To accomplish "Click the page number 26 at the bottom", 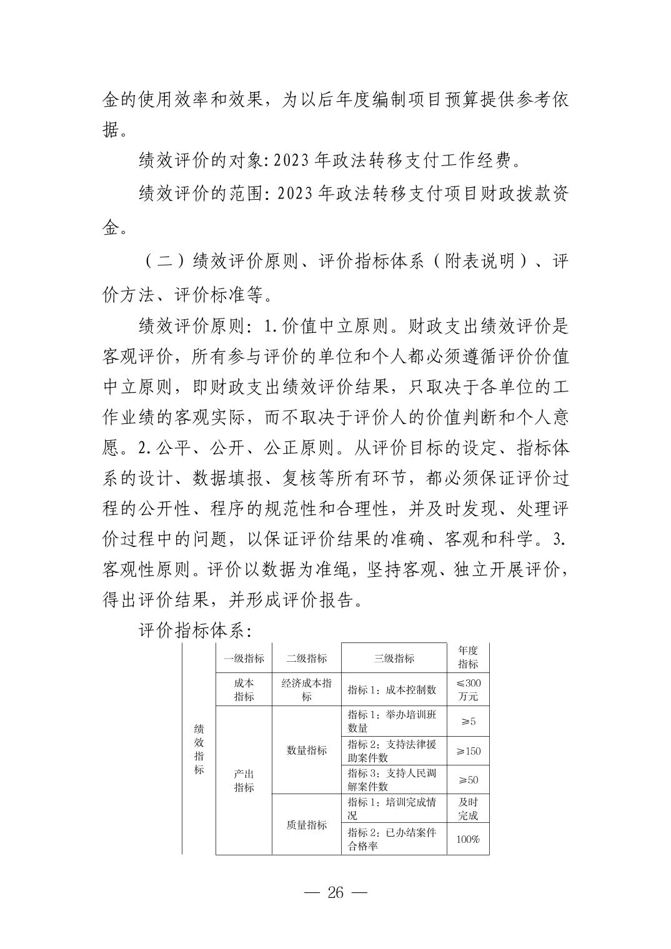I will (x=335, y=892).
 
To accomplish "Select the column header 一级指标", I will (x=244, y=658).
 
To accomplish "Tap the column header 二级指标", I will (x=306, y=658).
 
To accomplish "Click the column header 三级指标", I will (x=394, y=658).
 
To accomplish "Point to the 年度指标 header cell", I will (x=468, y=657).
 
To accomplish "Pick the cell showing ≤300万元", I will (x=468, y=689).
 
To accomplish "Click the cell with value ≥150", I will (x=468, y=751).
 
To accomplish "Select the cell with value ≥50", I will (x=468, y=780).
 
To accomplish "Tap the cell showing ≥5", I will (x=468, y=722).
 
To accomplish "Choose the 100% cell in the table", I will (x=468, y=840).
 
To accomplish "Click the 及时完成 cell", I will (x=468, y=809).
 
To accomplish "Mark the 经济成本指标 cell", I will (x=306, y=689).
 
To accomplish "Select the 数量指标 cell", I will (x=306, y=750).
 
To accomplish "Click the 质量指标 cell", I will (x=306, y=825).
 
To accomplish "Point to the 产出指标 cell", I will (x=244, y=780).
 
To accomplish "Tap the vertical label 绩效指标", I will (x=199, y=749).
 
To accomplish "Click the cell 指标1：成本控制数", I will (x=392, y=690).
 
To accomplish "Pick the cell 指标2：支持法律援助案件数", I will (x=392, y=751).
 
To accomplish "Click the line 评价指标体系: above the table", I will (x=194, y=631).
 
